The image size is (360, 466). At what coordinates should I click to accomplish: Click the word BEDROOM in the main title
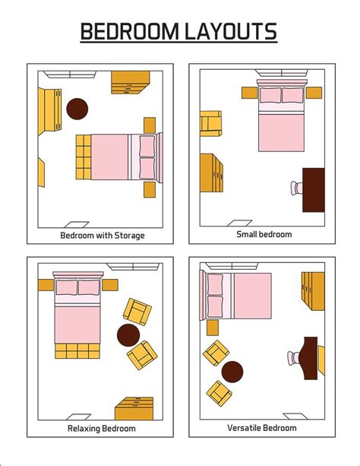click(x=130, y=32)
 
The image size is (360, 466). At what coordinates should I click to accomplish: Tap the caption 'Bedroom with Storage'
click(x=103, y=235)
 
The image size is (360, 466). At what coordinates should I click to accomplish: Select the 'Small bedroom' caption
click(x=264, y=234)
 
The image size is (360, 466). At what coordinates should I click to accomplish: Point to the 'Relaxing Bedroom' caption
click(x=102, y=429)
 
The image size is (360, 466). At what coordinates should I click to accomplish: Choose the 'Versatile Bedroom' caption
click(x=262, y=428)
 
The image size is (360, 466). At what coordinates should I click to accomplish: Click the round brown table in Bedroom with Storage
click(x=77, y=109)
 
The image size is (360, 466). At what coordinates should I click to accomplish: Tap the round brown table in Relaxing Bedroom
click(x=128, y=334)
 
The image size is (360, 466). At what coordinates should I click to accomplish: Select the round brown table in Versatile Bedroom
click(x=232, y=372)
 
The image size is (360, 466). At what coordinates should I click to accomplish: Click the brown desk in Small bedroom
click(x=314, y=190)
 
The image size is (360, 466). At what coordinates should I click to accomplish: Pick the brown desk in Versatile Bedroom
click(x=309, y=358)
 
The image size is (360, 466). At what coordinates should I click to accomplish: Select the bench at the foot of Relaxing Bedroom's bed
click(x=77, y=351)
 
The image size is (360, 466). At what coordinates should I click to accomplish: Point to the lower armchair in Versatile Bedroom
click(x=219, y=392)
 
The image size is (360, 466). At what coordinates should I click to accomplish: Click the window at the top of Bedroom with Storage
click(x=70, y=74)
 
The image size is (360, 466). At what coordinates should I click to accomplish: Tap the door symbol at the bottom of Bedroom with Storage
click(x=77, y=225)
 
